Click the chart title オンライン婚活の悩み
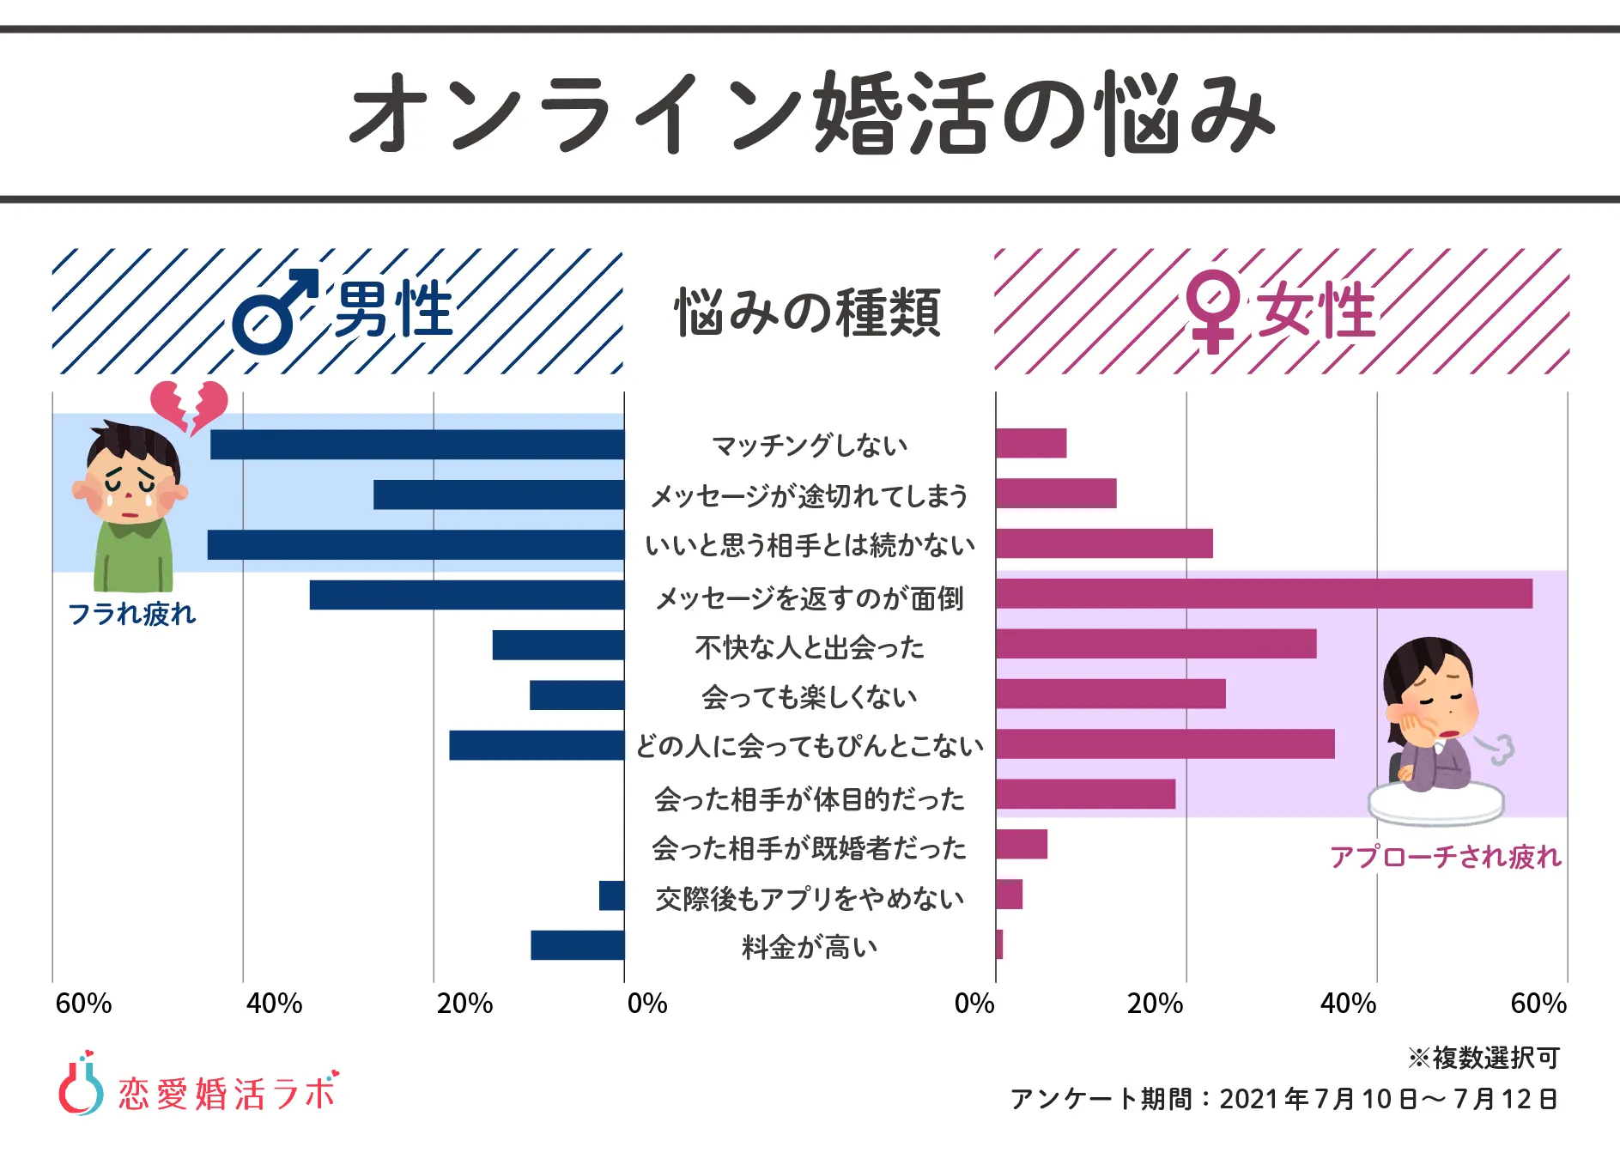point(810,113)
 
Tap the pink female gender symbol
point(1211,311)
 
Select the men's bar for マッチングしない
point(417,445)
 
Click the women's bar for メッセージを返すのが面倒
point(1264,594)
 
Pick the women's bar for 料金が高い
point(999,944)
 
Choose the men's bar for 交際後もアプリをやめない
point(612,895)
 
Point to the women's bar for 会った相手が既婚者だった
point(1022,845)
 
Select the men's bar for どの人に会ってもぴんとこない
point(537,745)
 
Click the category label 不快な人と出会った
point(810,647)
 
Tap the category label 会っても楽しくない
point(810,697)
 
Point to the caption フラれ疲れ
point(132,614)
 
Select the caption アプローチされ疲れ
point(1445,857)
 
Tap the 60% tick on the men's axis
point(83,1004)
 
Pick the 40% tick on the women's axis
point(1348,1004)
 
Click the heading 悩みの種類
point(808,312)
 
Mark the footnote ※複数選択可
point(1483,1058)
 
